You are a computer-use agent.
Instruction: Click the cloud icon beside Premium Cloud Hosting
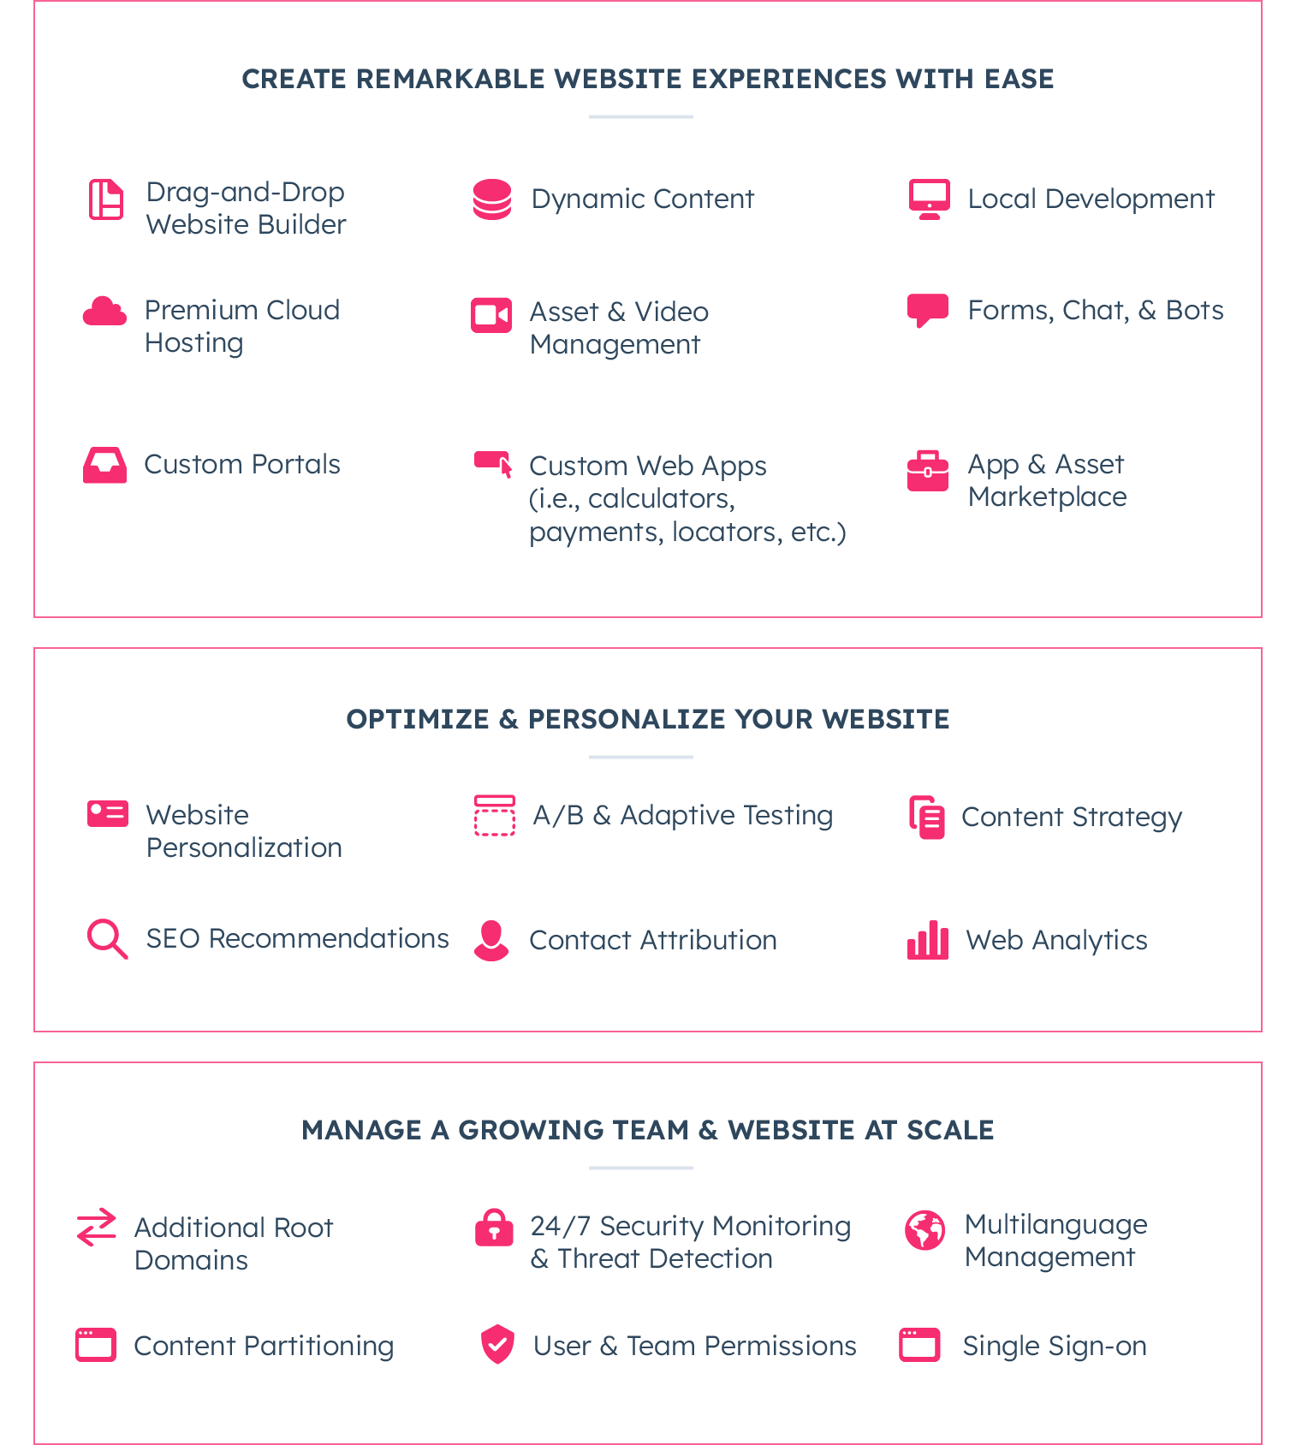tap(104, 311)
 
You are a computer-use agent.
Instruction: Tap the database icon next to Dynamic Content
tap(492, 199)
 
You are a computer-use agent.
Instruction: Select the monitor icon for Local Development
tap(929, 199)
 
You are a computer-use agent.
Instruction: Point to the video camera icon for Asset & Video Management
tap(491, 315)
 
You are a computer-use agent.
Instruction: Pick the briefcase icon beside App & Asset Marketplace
tap(928, 471)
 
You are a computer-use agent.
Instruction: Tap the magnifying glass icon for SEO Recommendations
tap(108, 939)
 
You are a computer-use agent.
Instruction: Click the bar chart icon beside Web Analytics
tap(928, 940)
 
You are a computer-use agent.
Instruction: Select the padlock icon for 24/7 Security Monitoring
tap(494, 1227)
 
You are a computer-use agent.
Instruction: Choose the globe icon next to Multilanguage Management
tap(925, 1230)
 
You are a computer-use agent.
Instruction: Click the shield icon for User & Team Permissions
tap(497, 1344)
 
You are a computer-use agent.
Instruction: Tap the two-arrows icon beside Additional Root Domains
tap(96, 1227)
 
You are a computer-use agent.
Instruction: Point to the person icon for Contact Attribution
tap(491, 941)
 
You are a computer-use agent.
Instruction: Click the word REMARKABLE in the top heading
tap(450, 79)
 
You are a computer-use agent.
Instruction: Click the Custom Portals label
tap(242, 464)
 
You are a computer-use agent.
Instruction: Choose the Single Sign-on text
tap(1055, 1347)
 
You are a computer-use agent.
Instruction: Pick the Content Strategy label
tap(1072, 818)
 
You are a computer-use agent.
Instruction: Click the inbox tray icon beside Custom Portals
tap(104, 465)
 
